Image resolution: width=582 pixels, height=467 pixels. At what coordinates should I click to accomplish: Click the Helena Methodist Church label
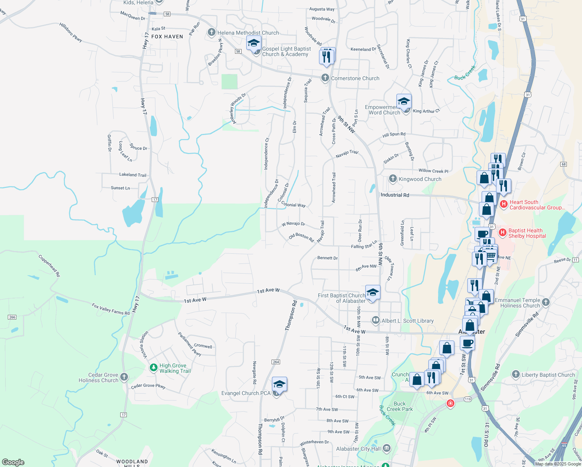(x=248, y=33)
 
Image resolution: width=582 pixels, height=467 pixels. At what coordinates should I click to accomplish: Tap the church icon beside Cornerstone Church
(x=325, y=78)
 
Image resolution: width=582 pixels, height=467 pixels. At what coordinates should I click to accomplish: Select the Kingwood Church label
(x=420, y=179)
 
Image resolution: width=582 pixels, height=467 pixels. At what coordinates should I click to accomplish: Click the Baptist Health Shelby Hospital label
(x=527, y=233)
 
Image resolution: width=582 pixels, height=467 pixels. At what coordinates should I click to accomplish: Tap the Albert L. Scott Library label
(x=407, y=321)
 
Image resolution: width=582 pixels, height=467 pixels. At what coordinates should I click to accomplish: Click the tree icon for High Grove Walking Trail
(x=154, y=367)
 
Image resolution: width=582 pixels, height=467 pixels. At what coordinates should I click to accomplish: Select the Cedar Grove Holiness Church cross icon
(x=124, y=377)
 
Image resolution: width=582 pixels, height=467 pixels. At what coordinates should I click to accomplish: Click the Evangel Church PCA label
(x=245, y=393)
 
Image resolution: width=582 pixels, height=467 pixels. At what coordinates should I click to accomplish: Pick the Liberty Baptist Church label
(x=548, y=375)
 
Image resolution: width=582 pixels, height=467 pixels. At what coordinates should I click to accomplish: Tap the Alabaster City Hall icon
(x=386, y=448)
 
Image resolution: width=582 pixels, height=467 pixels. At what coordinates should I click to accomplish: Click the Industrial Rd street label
(x=395, y=195)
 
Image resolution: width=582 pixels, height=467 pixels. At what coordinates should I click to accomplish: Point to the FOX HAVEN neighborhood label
(x=167, y=37)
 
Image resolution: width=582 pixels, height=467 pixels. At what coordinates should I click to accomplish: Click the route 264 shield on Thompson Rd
(x=276, y=362)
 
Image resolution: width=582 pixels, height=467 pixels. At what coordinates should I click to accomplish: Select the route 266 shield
(x=12, y=317)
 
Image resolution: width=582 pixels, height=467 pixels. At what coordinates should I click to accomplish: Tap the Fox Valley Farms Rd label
(x=110, y=309)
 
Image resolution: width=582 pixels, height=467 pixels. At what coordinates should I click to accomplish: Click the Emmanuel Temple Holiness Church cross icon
(x=546, y=302)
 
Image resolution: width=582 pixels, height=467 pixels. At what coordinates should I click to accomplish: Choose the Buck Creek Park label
(x=400, y=406)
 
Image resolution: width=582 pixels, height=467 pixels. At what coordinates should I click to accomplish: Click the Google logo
(x=13, y=462)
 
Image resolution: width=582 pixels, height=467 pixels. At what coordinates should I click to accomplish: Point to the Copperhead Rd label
(x=49, y=265)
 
